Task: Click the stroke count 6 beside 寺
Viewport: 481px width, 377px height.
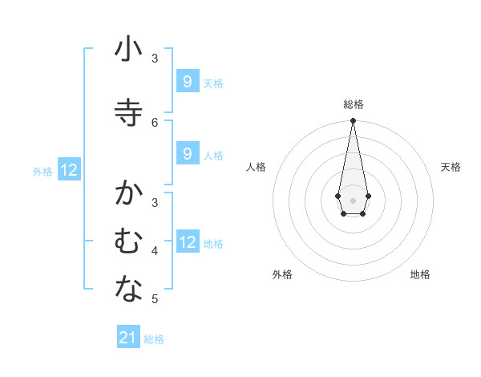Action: [x=156, y=122]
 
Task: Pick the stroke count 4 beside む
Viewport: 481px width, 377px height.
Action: [x=156, y=251]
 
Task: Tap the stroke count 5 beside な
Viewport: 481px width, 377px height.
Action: [x=156, y=299]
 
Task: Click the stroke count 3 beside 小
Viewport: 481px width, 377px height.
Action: [x=156, y=59]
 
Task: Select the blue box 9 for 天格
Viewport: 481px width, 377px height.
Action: [x=187, y=82]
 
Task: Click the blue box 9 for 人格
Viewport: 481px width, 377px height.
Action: [x=187, y=154]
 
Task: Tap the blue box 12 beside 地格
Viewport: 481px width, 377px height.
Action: [x=188, y=242]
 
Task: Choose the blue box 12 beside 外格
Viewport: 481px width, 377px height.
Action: [x=69, y=170]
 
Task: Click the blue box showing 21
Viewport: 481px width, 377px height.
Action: [x=128, y=338]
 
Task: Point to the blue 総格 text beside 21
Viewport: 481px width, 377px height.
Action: [x=154, y=339]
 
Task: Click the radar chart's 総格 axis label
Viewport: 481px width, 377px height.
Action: [x=353, y=104]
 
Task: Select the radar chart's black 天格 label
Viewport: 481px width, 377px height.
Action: [x=451, y=167]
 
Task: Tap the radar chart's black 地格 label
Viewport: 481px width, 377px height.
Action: [x=420, y=274]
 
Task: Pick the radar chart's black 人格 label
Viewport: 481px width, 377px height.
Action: [x=256, y=167]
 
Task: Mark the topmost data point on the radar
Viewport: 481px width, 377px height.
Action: [x=353, y=121]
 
